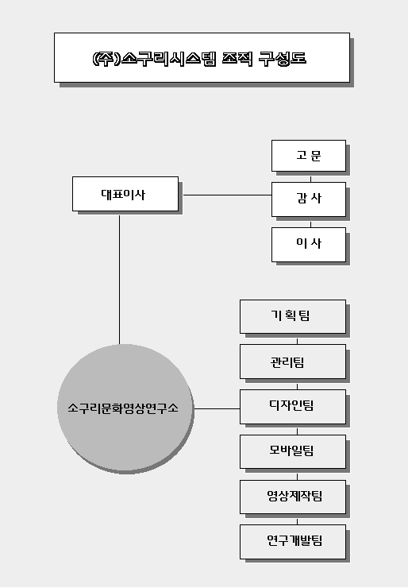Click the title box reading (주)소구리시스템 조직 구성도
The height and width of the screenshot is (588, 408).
pyautogui.click(x=202, y=57)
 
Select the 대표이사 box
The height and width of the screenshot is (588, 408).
pyautogui.click(x=125, y=194)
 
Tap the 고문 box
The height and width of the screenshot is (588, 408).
pyautogui.click(x=309, y=156)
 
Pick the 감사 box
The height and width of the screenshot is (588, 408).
pyautogui.click(x=309, y=199)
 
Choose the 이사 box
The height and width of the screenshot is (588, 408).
pyautogui.click(x=309, y=245)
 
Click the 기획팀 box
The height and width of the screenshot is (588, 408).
pyautogui.click(x=293, y=316)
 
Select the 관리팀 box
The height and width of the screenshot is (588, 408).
pyautogui.click(x=293, y=362)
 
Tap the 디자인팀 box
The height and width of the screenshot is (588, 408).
pyautogui.click(x=293, y=407)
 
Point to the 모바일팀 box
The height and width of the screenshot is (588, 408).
pyautogui.click(x=293, y=452)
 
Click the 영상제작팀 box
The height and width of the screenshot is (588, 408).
pyautogui.click(x=293, y=497)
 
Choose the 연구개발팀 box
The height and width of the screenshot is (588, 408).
pyautogui.click(x=293, y=542)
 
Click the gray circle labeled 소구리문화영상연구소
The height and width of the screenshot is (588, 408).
pyautogui.click(x=125, y=408)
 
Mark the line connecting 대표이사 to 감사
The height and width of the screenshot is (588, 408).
pyautogui.click(x=227, y=195)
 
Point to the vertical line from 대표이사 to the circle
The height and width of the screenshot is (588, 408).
pyautogui.click(x=120, y=280)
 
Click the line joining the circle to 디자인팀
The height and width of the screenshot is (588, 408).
pyautogui.click(x=217, y=408)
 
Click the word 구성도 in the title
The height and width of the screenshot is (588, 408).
pyautogui.click(x=283, y=59)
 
